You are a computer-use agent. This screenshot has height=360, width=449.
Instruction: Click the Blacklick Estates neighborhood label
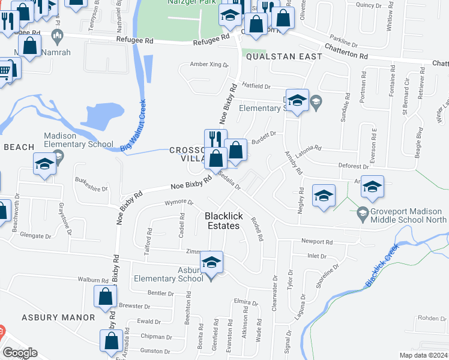[x=222, y=221]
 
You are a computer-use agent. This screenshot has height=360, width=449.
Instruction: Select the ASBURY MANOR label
[x=58, y=317]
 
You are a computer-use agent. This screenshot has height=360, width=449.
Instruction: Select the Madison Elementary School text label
[x=79, y=140]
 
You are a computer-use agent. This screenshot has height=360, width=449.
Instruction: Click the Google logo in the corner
[x=20, y=353]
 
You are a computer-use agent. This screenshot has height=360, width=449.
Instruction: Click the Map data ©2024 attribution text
[x=423, y=355]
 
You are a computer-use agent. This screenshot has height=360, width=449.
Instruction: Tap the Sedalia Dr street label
[x=229, y=179]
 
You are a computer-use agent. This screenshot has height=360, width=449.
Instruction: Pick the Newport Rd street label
[x=316, y=242]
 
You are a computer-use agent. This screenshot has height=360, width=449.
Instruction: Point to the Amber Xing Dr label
[x=209, y=64]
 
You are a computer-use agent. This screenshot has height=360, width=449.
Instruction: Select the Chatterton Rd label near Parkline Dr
[x=346, y=51]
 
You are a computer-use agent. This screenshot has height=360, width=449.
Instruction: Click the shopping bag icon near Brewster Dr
[x=106, y=296]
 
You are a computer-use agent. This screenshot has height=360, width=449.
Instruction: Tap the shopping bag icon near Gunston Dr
[x=112, y=341]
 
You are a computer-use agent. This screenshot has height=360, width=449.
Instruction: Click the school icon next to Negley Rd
[x=324, y=196]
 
